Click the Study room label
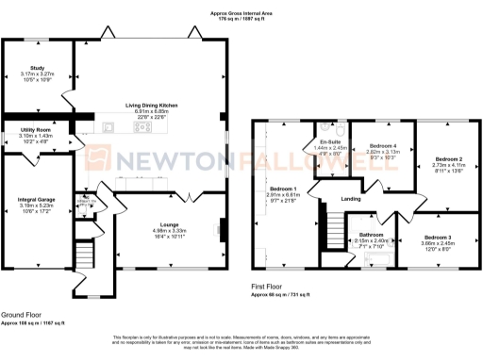(38, 70)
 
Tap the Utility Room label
(37, 130)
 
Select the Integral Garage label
(38, 199)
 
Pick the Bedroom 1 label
(283, 188)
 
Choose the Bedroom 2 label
(447, 160)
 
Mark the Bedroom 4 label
(382, 145)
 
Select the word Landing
(351, 199)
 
